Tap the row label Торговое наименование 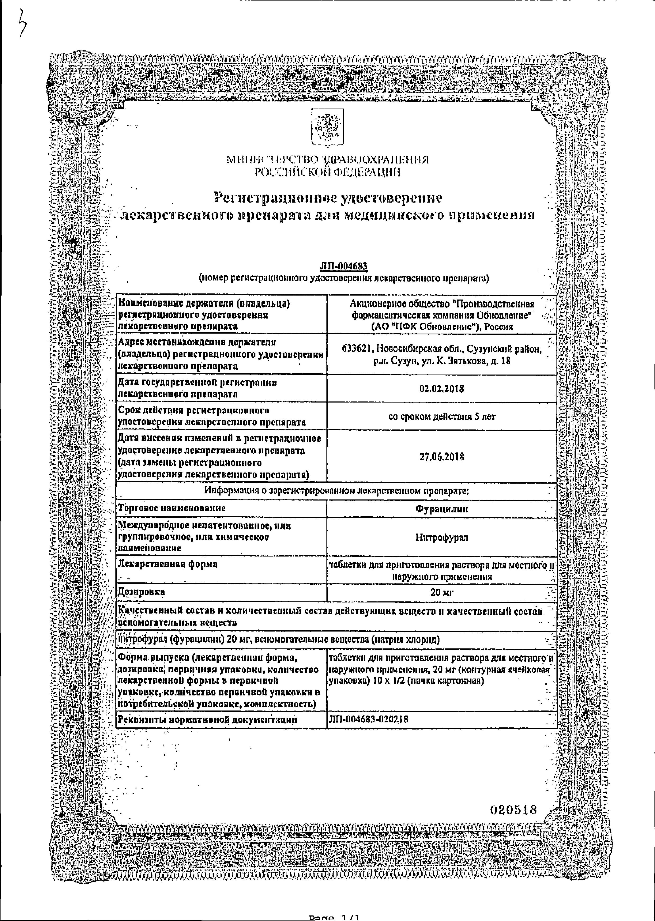(171, 508)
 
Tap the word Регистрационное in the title (275, 198)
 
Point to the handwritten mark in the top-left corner (22, 24)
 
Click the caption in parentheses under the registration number (343, 278)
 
